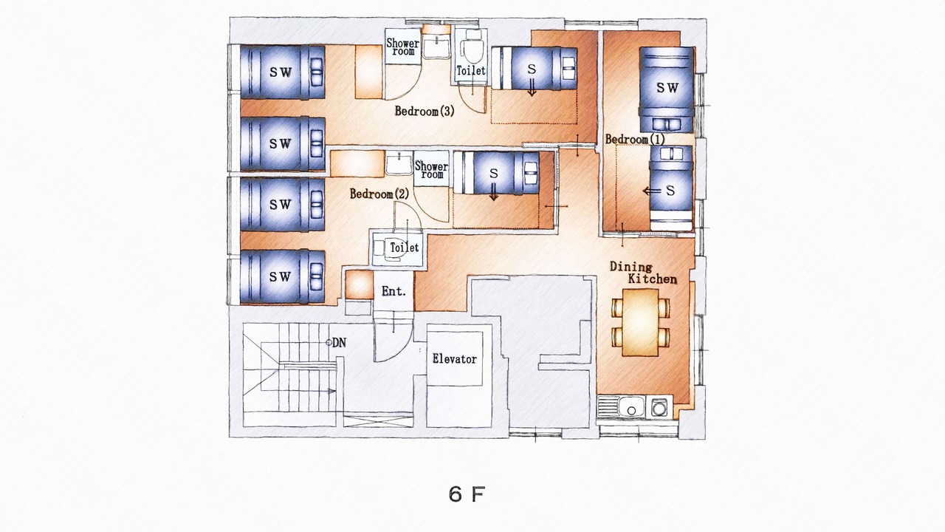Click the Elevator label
point(454,359)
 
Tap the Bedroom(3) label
point(425,111)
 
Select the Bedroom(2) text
point(379,194)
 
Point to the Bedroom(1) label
point(635,139)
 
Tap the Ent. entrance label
point(394,291)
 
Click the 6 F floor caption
point(467,494)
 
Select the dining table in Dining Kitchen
point(640,321)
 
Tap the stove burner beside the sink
point(659,407)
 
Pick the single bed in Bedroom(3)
point(534,68)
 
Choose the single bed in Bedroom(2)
point(497,173)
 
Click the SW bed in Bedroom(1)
point(667,89)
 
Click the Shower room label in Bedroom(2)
point(431,170)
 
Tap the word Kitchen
point(653,279)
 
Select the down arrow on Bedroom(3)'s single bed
point(532,87)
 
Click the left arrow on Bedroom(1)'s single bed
point(652,191)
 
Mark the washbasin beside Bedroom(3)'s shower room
point(436,47)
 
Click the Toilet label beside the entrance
point(404,248)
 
